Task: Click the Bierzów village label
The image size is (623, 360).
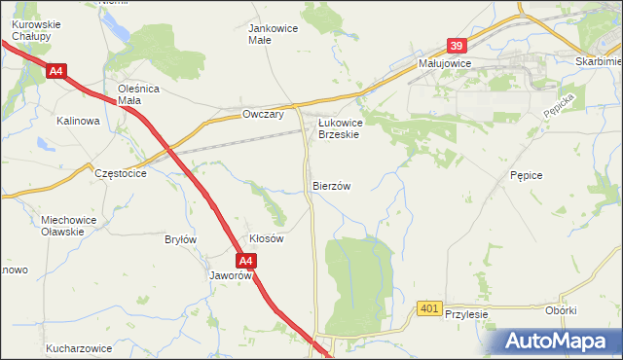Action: point(331,185)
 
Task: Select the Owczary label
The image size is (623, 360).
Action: point(262,115)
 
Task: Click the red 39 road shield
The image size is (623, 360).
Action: point(458,46)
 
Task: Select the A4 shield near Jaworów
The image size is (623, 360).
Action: point(246,261)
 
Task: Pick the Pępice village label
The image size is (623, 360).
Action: point(525,175)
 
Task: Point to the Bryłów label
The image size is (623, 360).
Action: point(181,239)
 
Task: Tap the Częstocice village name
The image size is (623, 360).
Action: point(121,172)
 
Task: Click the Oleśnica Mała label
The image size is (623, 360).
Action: point(138,94)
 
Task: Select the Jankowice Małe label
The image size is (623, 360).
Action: point(274,34)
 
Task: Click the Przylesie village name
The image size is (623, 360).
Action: point(465,315)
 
